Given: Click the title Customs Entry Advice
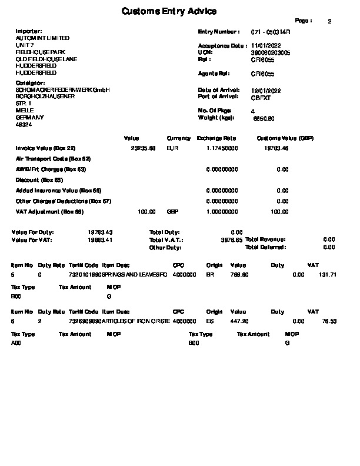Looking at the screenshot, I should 169,11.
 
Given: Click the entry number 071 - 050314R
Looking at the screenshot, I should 271,32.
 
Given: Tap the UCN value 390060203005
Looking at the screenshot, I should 271,52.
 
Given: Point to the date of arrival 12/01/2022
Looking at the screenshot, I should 266,91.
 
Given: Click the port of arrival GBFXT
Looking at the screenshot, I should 260,98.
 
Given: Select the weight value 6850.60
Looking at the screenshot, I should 264,119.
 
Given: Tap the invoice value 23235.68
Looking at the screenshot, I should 143,149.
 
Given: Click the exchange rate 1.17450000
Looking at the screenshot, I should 222,149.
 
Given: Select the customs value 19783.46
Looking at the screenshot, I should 277,149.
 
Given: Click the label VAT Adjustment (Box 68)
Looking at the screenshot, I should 50,212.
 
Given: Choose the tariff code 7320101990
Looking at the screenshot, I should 85,275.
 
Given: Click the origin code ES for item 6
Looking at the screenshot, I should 209,321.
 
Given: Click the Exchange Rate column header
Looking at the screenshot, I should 216,138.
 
